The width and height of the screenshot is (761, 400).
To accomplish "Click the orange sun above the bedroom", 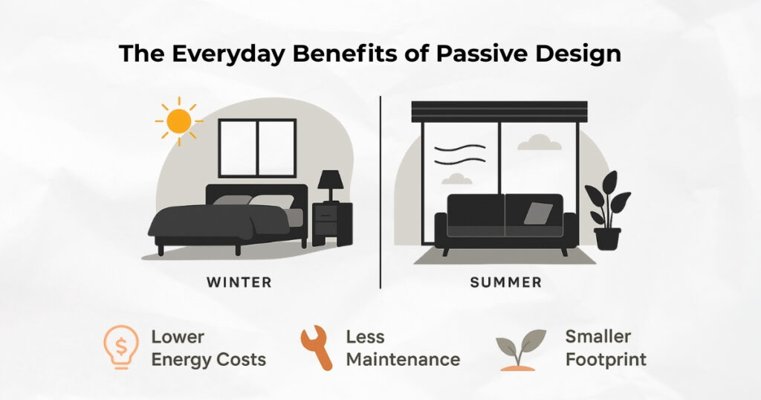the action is pyautogui.click(x=178, y=121).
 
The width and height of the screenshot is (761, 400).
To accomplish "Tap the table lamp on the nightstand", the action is pyautogui.click(x=331, y=185).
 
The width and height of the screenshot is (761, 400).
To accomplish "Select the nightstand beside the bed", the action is pyautogui.click(x=332, y=224).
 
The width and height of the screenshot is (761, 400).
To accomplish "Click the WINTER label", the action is pyautogui.click(x=239, y=282).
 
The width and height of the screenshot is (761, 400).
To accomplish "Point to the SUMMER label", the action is pyautogui.click(x=505, y=282).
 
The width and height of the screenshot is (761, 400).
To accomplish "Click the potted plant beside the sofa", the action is pyautogui.click(x=607, y=210).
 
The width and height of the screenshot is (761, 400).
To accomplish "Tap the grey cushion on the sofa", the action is pyautogui.click(x=538, y=213).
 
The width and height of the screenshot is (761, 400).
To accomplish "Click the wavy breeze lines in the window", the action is pyautogui.click(x=459, y=155).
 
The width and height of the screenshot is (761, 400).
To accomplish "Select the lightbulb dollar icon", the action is pyautogui.click(x=121, y=346).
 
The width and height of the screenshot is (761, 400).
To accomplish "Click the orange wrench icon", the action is pyautogui.click(x=317, y=347).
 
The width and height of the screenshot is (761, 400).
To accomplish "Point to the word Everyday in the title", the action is pyautogui.click(x=227, y=54).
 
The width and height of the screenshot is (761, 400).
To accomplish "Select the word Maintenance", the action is pyautogui.click(x=403, y=360).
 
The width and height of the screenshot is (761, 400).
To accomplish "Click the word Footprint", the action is pyautogui.click(x=606, y=360).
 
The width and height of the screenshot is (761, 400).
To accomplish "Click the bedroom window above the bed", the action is pyautogui.click(x=257, y=148).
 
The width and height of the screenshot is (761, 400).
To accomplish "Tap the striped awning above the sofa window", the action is pyautogui.click(x=499, y=112).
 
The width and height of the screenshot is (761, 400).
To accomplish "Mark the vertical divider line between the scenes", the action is pyautogui.click(x=380, y=193).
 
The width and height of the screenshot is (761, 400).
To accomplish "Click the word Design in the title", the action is pyautogui.click(x=578, y=54).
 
